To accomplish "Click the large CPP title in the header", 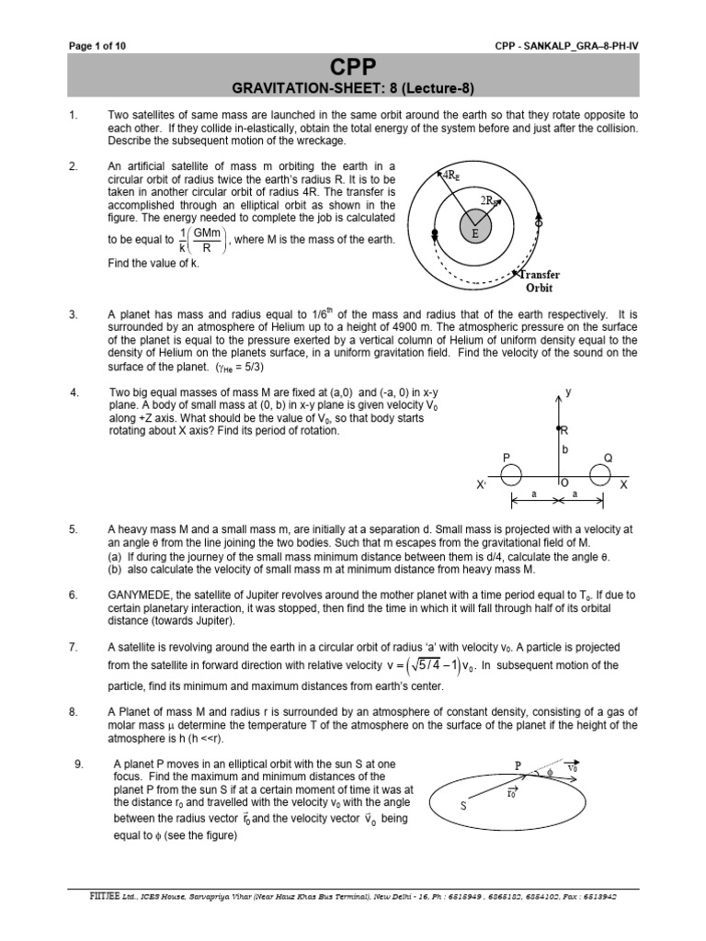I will (x=353, y=67).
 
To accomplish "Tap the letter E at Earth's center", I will (x=475, y=233).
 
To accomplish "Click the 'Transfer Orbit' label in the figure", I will (x=540, y=280).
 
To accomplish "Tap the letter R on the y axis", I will (x=564, y=429).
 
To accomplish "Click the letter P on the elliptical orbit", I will (x=518, y=765).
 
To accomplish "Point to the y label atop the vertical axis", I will (x=569, y=391).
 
